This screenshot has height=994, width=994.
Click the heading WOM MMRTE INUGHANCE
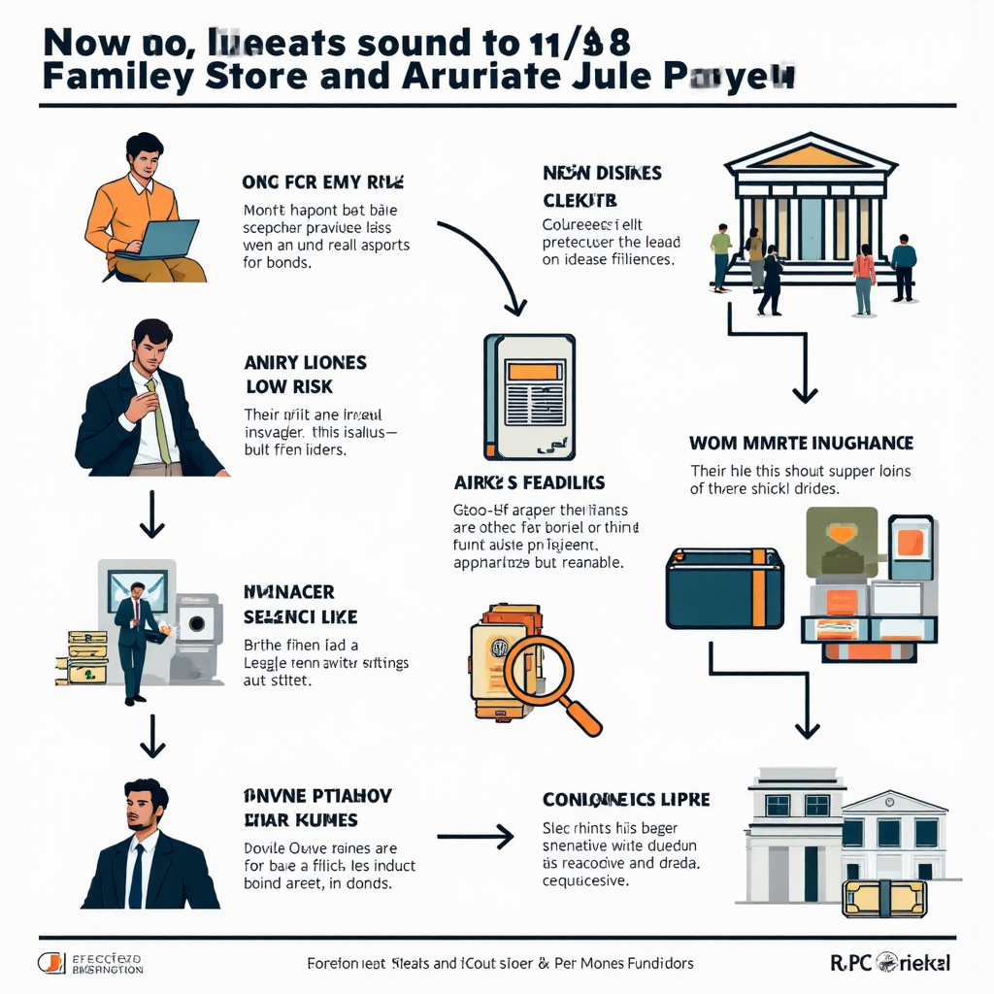(801, 444)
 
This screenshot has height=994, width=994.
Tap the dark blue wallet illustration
(724, 588)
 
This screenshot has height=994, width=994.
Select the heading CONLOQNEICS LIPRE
(626, 800)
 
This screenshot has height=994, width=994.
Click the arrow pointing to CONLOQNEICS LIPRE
(475, 835)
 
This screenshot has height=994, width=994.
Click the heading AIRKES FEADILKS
(530, 482)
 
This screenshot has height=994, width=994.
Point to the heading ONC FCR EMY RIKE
(322, 182)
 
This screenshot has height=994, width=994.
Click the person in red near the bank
(863, 277)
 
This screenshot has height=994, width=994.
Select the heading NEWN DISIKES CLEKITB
(602, 186)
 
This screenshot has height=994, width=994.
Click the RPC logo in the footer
(889, 962)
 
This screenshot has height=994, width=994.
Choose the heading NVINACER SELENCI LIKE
(301, 604)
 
